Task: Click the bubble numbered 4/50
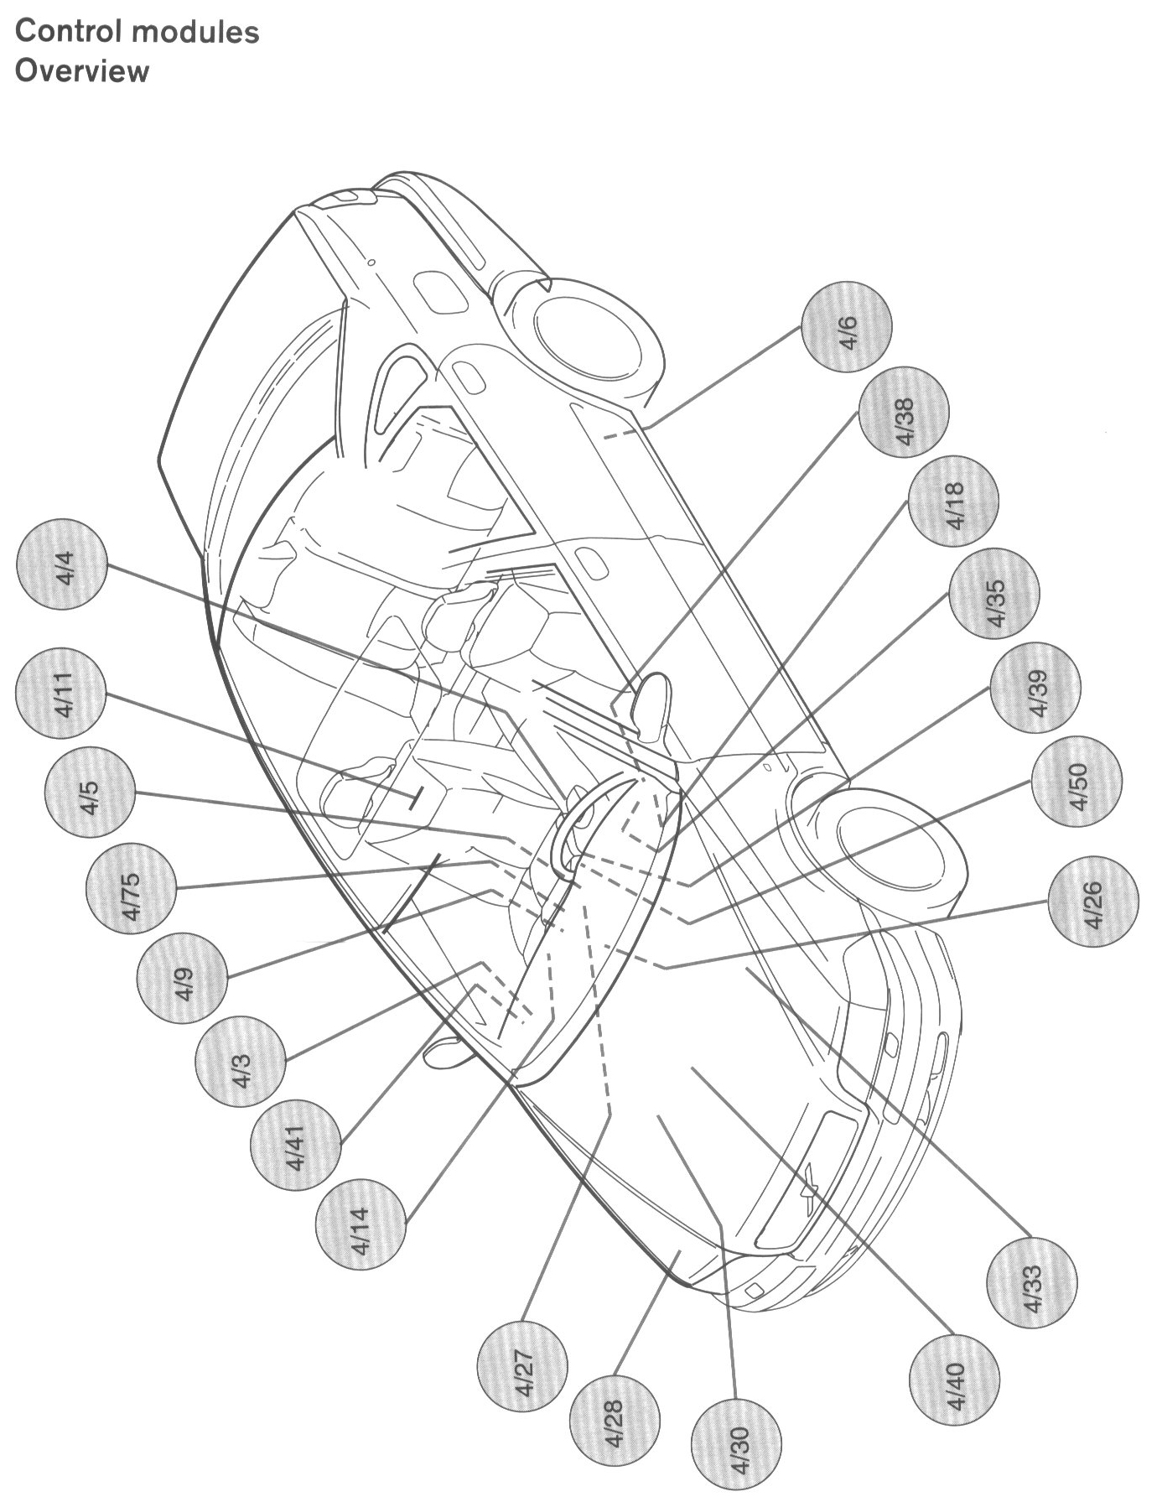tap(1076, 781)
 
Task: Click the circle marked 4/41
tap(295, 1145)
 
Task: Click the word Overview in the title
tap(82, 70)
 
